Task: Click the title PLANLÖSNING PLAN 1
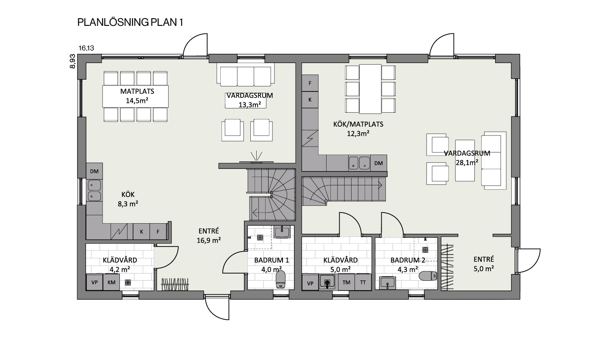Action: coord(130,22)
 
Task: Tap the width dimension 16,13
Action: coord(86,48)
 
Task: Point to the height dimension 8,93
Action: coord(72,61)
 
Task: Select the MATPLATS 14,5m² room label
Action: coord(137,96)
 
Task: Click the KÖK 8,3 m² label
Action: coord(128,199)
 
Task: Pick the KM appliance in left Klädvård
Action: coord(111,282)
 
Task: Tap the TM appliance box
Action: coord(346,282)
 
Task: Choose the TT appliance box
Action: coord(363,282)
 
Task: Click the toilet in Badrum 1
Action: coord(280,279)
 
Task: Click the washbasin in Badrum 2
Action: coord(388,283)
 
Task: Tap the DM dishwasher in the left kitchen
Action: coord(94,171)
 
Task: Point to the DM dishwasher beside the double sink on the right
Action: coord(379,163)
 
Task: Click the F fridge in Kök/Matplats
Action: coord(310,83)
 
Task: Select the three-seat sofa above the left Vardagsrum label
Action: coord(246,75)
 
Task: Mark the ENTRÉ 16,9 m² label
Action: coord(209,235)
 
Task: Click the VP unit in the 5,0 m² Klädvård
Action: coord(310,283)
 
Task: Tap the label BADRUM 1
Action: coord(272,260)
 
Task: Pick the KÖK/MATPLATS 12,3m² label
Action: coord(358,129)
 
